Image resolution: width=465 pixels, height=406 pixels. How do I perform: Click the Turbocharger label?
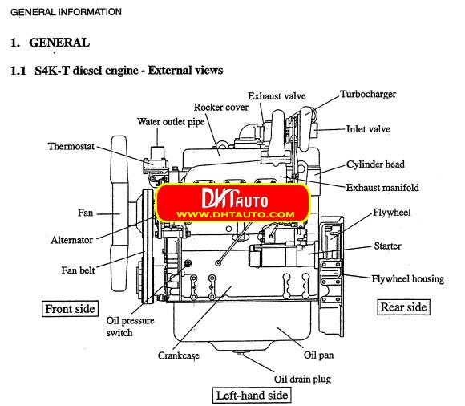tap(368, 94)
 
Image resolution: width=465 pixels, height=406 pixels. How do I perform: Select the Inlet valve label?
tap(368, 128)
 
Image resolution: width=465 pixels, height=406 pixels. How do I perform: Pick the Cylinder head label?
tap(375, 164)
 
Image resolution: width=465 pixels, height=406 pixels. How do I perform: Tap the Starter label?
tap(387, 246)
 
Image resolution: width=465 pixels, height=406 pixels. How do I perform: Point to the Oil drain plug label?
tap(302, 379)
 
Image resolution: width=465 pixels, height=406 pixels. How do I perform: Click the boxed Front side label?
tap(70, 308)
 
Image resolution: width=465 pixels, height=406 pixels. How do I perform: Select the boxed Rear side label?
tap(403, 307)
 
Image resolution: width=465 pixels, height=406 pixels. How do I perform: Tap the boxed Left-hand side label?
tap(251, 395)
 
